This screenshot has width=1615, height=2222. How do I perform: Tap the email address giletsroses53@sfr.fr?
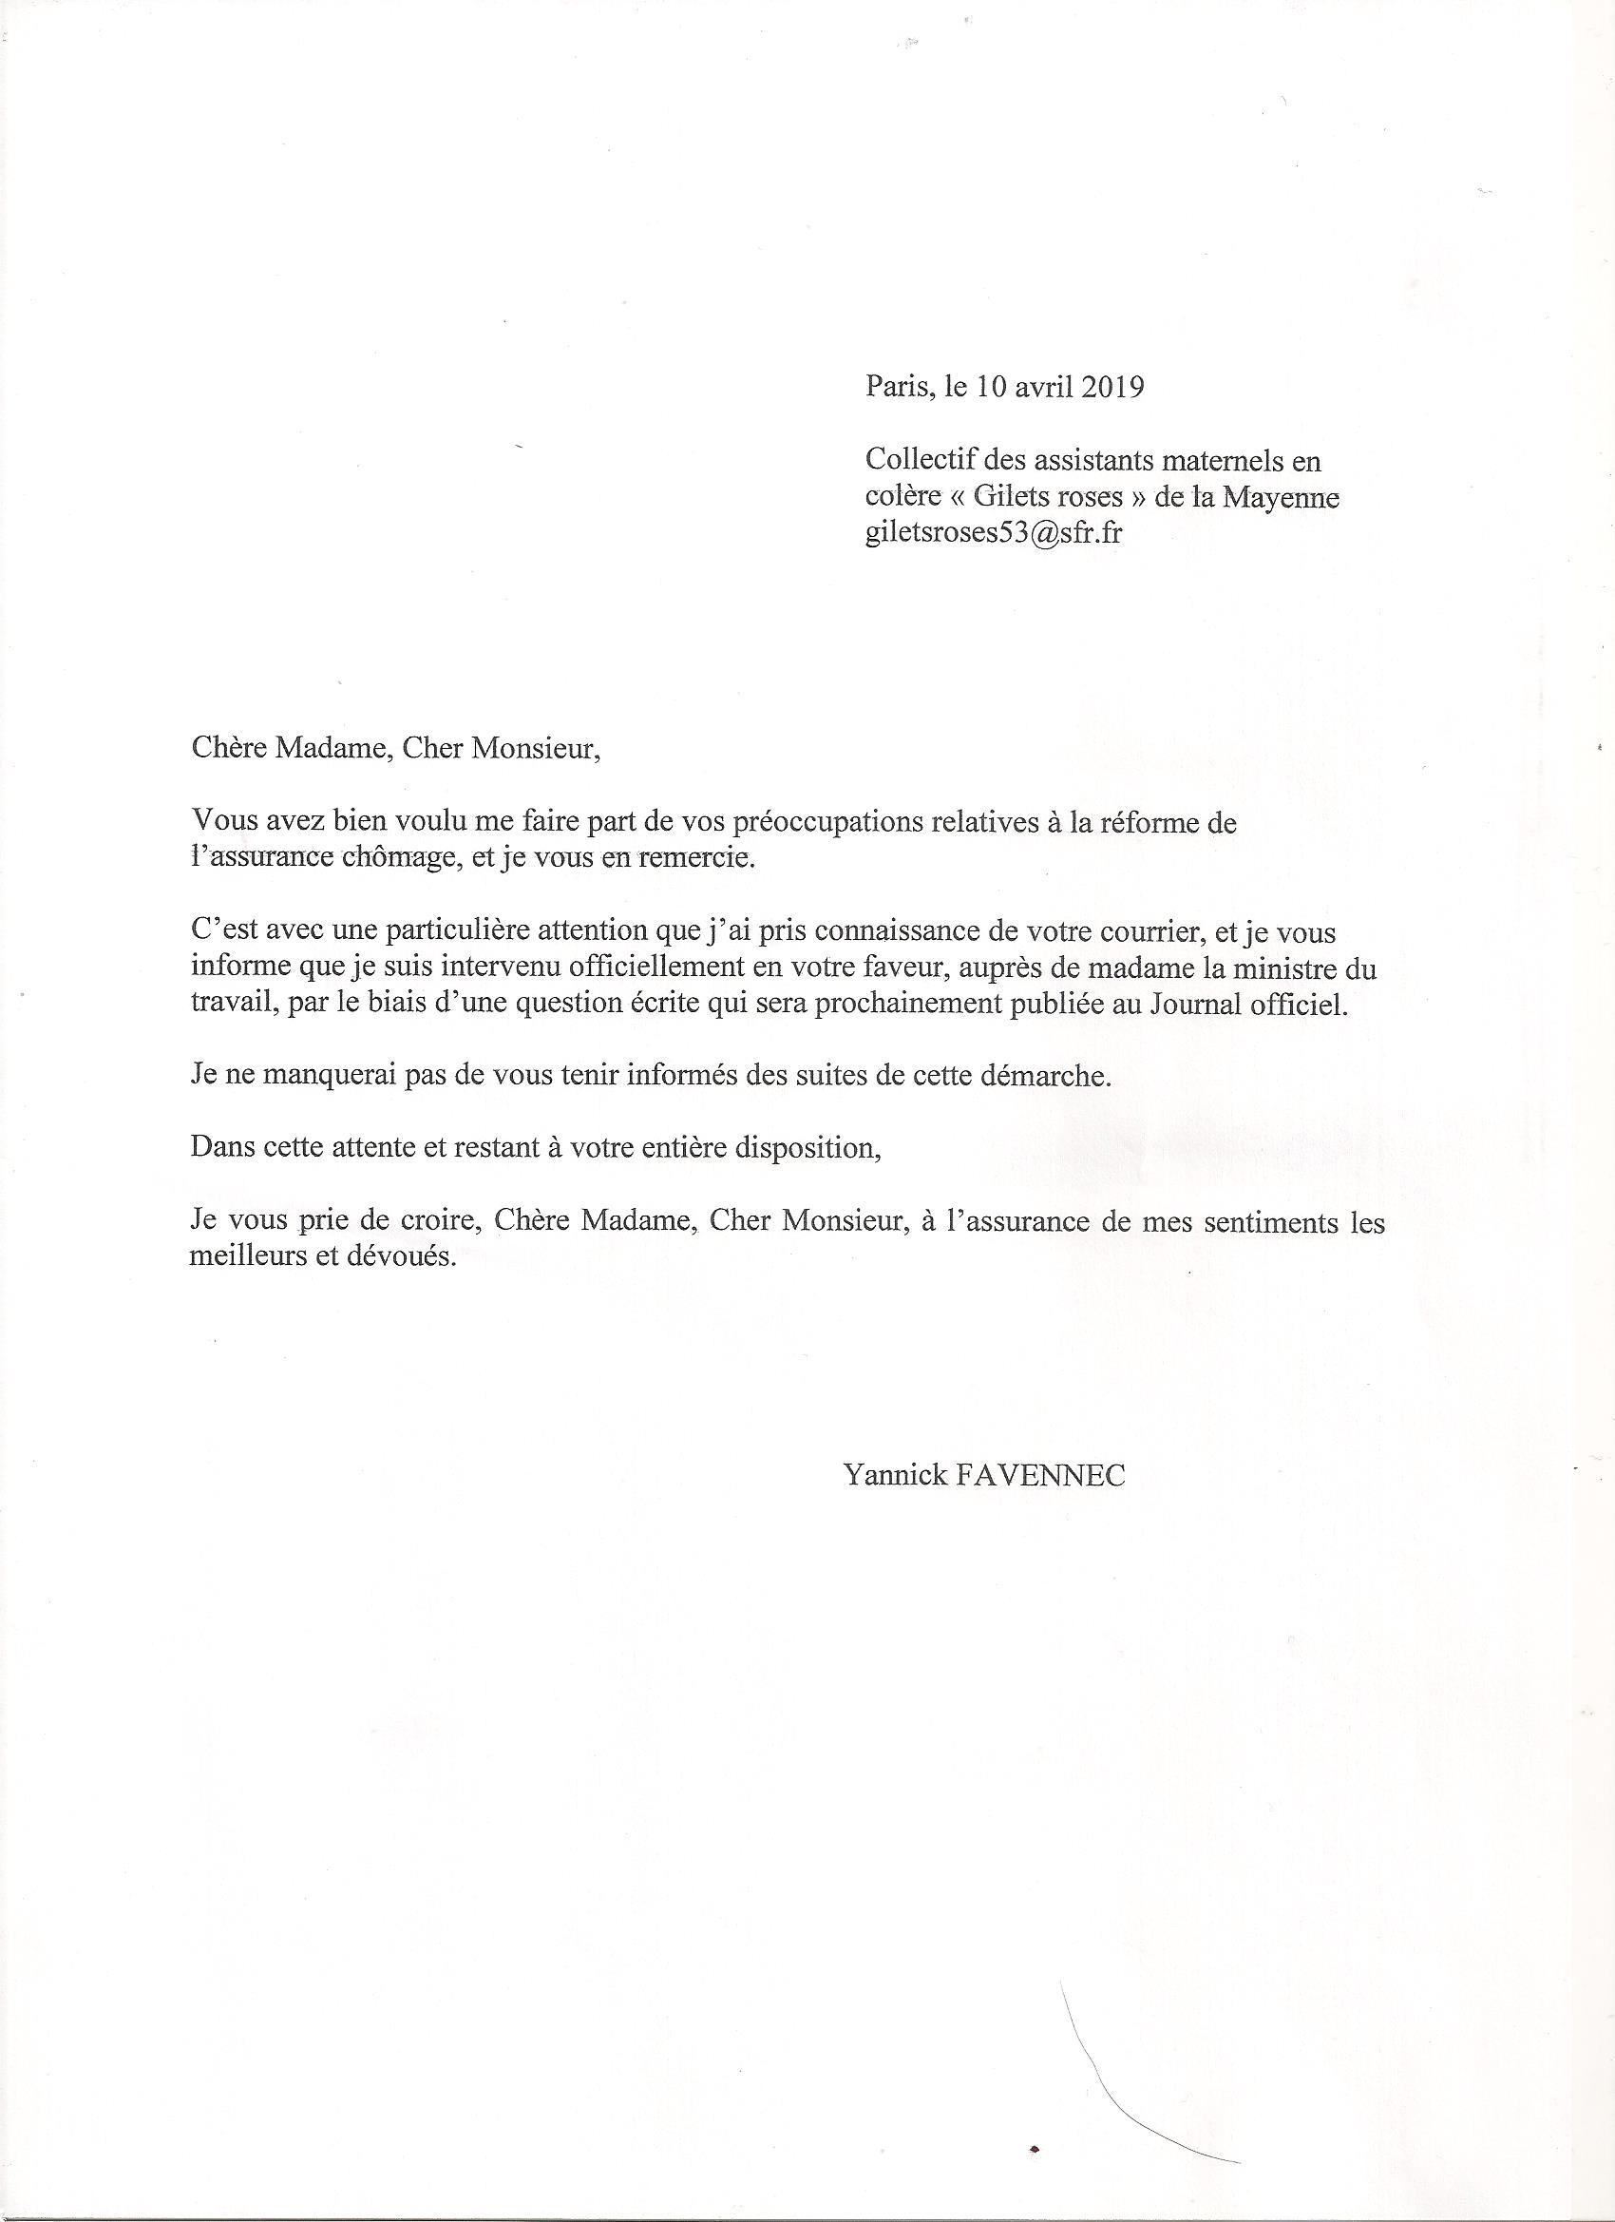(993, 535)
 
